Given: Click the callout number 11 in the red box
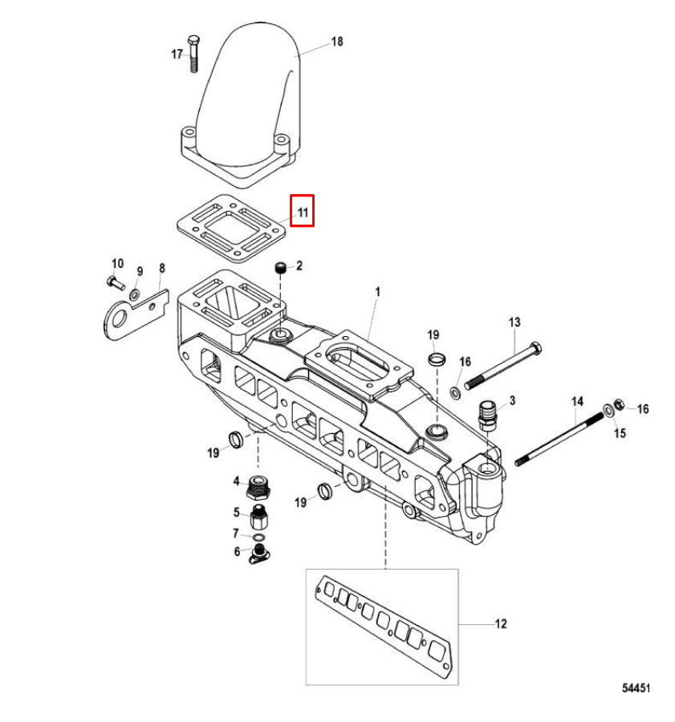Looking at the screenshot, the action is pyautogui.click(x=303, y=213).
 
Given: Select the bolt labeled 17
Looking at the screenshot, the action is pyautogui.click(x=194, y=53).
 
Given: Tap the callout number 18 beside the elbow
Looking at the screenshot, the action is pyautogui.click(x=337, y=42).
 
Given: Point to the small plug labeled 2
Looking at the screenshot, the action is pyautogui.click(x=281, y=267).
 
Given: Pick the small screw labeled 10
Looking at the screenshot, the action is pyautogui.click(x=116, y=282).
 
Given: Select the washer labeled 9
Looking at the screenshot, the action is pyautogui.click(x=135, y=294).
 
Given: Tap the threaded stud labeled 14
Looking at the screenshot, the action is pyautogui.click(x=559, y=440).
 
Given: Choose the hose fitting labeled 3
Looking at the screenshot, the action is pyautogui.click(x=487, y=415).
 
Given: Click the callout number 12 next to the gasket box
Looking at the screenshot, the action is pyautogui.click(x=500, y=623).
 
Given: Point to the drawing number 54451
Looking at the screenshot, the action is pyautogui.click(x=636, y=688).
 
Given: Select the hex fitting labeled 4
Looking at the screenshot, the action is pyautogui.click(x=258, y=487).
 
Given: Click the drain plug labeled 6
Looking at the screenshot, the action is pyautogui.click(x=259, y=554).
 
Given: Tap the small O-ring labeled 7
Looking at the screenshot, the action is pyautogui.click(x=260, y=537).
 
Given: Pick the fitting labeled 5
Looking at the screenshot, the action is pyautogui.click(x=259, y=517).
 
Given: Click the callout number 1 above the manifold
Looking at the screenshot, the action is pyautogui.click(x=378, y=291).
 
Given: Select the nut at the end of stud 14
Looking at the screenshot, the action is pyautogui.click(x=620, y=405).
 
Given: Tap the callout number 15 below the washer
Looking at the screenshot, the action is pyautogui.click(x=620, y=433).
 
